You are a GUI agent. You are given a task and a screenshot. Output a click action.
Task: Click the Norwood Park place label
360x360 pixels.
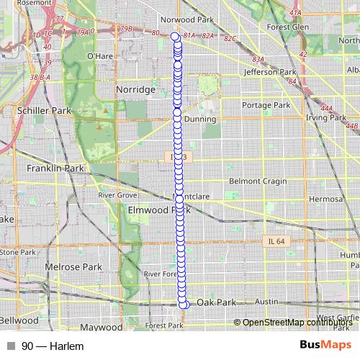189,20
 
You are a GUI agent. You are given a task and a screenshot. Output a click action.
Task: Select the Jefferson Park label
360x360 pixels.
270,73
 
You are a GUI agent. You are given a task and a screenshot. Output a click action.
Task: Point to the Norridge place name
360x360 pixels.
135,89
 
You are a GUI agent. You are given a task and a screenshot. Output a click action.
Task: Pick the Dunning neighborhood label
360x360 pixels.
199,120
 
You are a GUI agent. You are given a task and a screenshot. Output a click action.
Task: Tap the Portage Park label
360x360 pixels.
266,105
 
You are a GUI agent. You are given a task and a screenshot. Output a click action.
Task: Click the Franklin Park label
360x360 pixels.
55,168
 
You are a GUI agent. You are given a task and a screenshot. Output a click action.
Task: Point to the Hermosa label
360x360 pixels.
325,199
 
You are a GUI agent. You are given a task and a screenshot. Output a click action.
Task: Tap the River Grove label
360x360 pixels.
118,195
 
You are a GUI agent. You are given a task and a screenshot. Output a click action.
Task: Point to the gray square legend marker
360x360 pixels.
11,346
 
